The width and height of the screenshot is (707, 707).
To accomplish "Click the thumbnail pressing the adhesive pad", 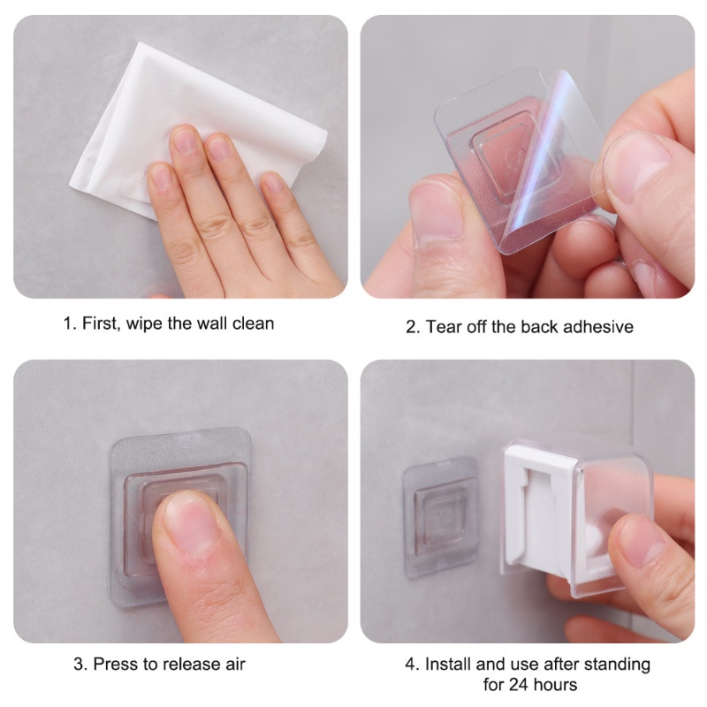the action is coord(193,523).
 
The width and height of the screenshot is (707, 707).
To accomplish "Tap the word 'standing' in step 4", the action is coord(620,665).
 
